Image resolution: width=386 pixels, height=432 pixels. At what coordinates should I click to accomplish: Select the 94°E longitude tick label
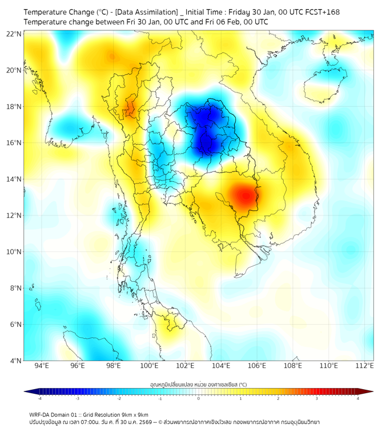(x=42, y=366)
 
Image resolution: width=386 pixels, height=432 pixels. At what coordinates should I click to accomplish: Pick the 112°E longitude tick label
(x=365, y=366)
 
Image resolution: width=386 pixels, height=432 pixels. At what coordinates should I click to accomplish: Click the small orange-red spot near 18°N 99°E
(x=130, y=107)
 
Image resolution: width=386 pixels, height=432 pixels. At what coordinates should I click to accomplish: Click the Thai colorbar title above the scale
(x=198, y=385)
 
